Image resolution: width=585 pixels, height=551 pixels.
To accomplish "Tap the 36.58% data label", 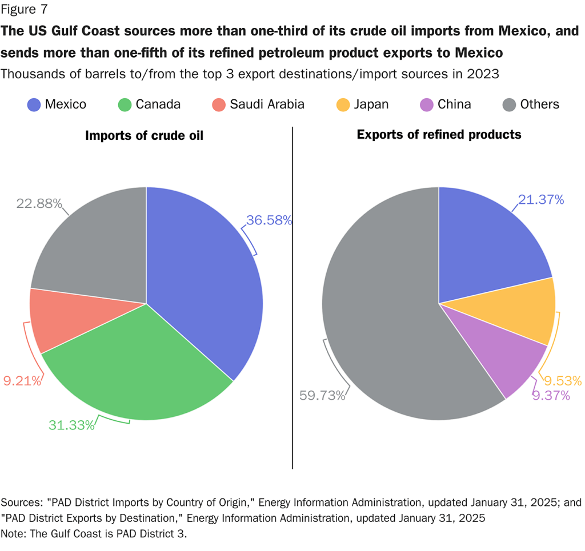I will pos(269,220).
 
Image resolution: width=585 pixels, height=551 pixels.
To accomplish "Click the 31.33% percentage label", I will pos(71,425).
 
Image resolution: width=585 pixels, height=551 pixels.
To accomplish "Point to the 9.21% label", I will pos(22,381).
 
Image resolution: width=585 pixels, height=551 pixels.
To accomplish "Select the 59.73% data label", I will pos(322,395).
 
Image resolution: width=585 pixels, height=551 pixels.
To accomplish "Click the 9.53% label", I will pos(562,381).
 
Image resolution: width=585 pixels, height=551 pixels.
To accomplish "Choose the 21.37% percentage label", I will pos(541,199).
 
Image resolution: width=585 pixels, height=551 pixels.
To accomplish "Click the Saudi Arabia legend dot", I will pos(219,104).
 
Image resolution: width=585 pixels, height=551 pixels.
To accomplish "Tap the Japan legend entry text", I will pos(371,104).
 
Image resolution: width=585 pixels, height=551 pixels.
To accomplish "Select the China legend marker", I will pos(427,104).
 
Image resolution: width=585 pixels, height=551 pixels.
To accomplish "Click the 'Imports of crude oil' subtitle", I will pos(144,135).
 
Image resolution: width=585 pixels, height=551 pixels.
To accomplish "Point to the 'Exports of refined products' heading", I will pos(439,134).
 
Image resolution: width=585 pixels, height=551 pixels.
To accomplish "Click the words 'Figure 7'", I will pos(24,9).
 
